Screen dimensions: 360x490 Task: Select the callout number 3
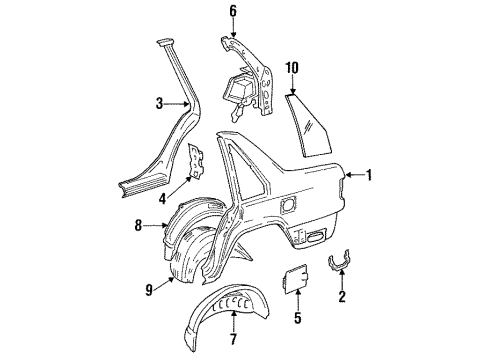[159, 103]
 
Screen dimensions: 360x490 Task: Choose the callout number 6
[233, 12]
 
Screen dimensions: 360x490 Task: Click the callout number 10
[293, 69]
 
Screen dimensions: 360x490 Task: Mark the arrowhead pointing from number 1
[346, 176]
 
